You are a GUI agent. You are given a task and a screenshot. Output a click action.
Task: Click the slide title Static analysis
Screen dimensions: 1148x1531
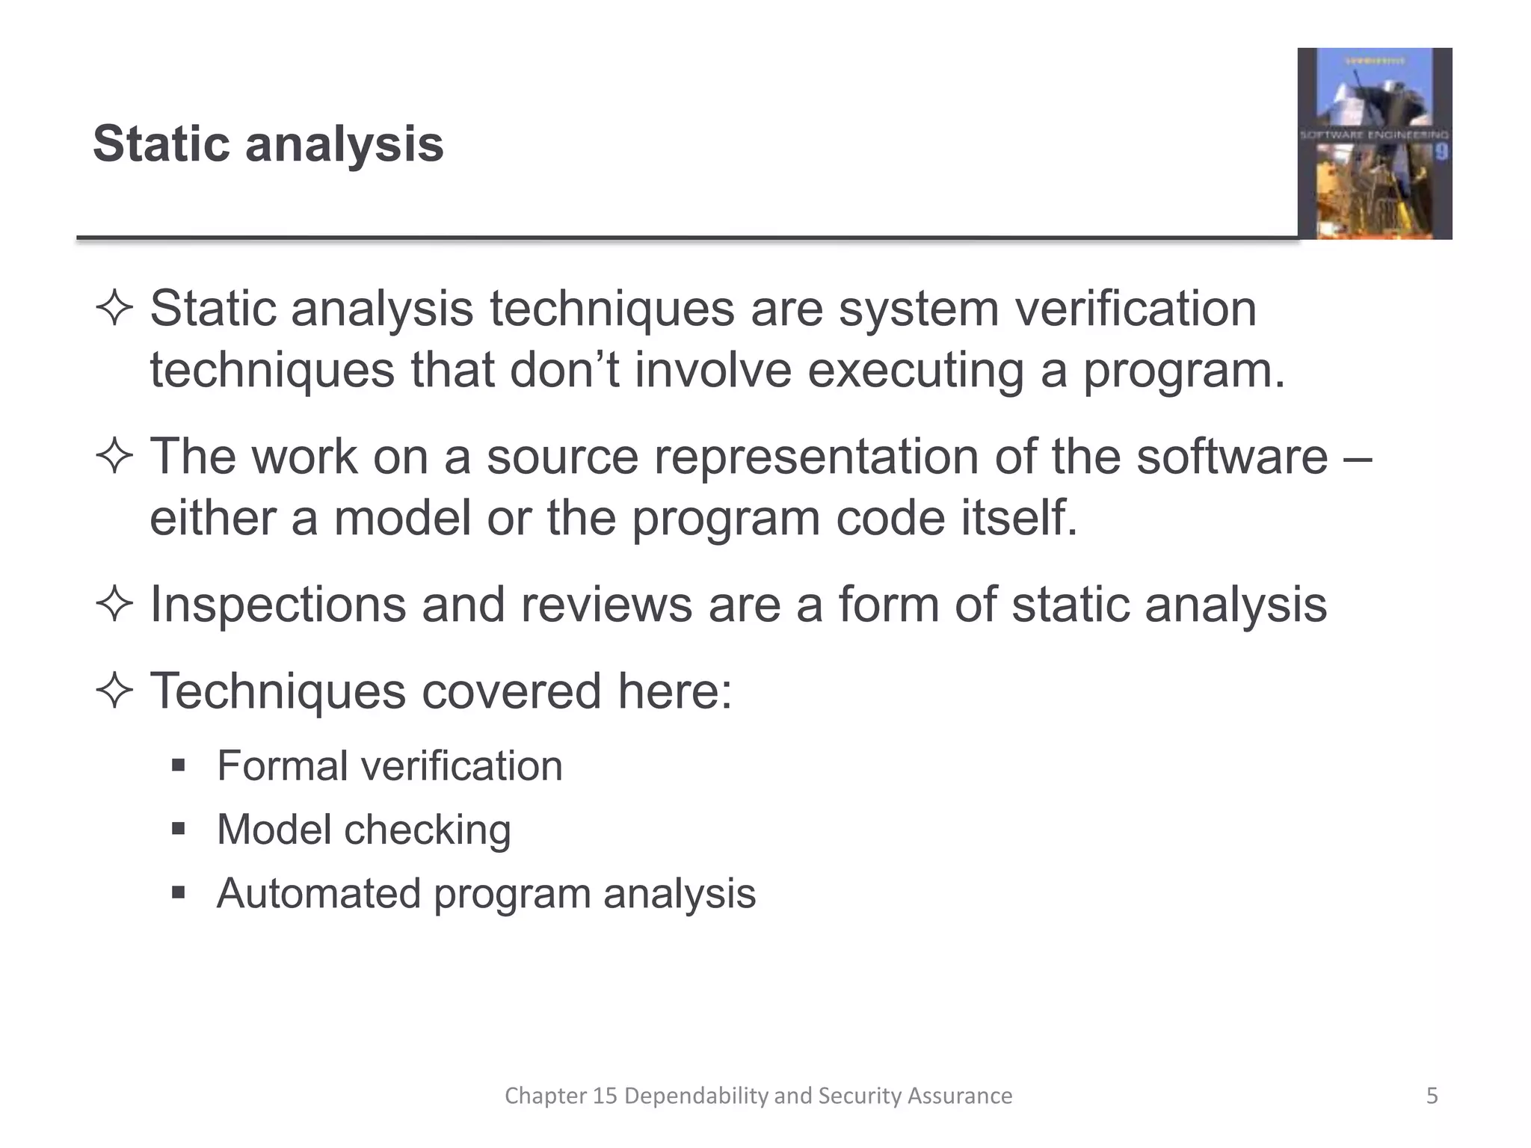pos(268,143)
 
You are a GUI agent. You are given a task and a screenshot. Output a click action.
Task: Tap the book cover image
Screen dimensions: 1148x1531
pos(1374,143)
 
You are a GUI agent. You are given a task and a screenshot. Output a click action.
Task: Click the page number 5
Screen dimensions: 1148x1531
pos(1432,1096)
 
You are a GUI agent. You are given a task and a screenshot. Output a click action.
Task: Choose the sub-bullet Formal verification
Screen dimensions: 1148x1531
pos(389,766)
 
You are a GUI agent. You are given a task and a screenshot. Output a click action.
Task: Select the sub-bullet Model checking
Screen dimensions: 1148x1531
pos(363,830)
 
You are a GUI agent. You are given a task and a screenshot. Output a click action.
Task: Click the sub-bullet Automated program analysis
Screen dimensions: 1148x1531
pos(486,893)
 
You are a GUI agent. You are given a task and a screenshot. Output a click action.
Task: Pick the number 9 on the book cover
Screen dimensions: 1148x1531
pos(1441,153)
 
